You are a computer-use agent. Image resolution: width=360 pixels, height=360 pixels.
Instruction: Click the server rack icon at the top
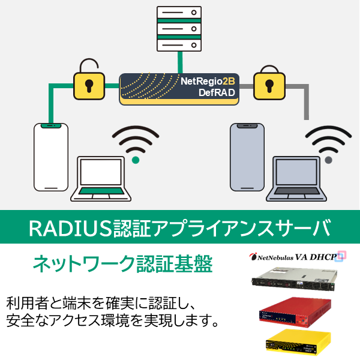(x=178, y=28)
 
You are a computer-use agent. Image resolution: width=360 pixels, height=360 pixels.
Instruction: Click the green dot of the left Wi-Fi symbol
(x=136, y=160)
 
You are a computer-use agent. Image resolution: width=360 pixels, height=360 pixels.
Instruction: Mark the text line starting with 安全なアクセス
(x=111, y=321)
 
